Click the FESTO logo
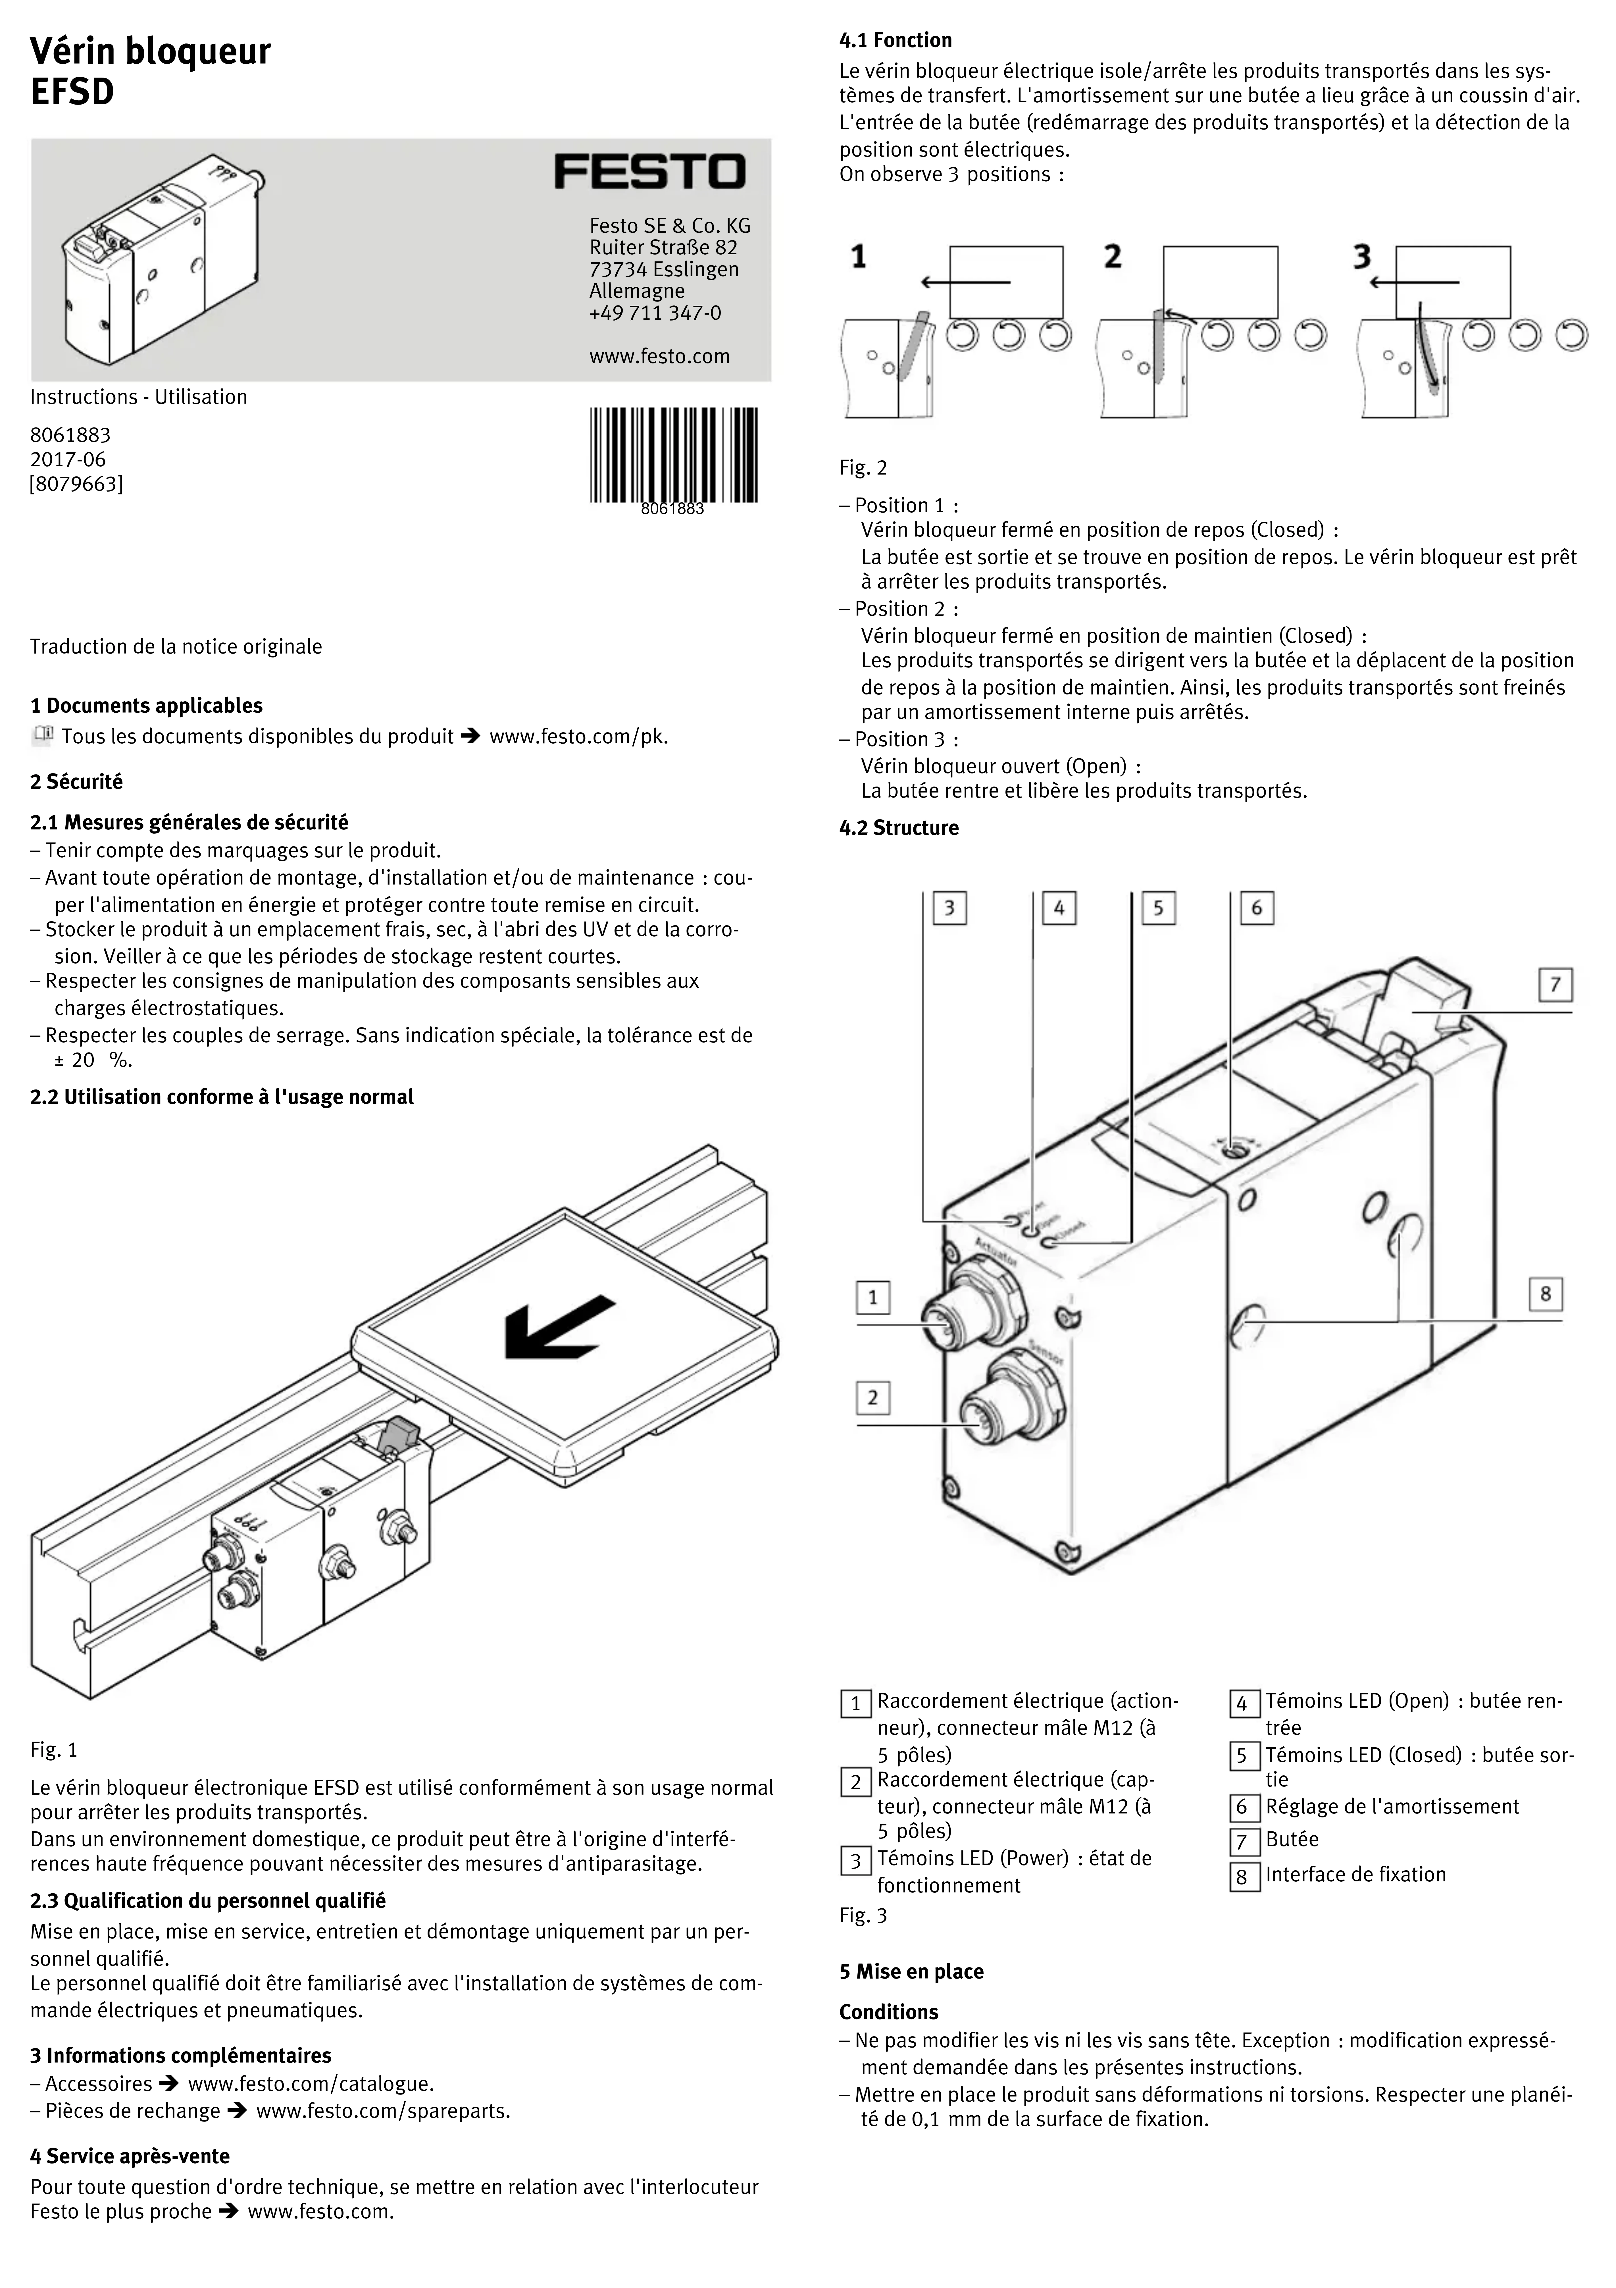[x=649, y=171]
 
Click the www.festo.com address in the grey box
[x=659, y=357]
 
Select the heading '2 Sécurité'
[x=77, y=782]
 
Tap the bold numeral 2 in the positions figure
[x=1113, y=257]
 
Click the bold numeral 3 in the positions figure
[x=1362, y=257]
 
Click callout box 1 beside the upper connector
[x=873, y=1297]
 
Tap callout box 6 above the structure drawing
[x=1256, y=908]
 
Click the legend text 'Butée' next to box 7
[x=1292, y=1840]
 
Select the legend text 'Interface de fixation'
[x=1355, y=1875]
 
